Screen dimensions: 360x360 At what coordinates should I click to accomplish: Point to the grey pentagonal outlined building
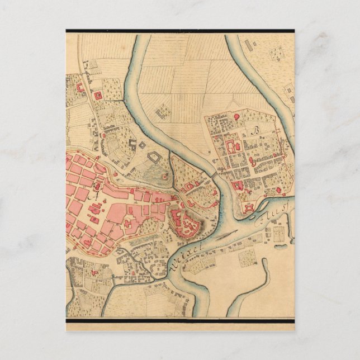pyautogui.click(x=154, y=163)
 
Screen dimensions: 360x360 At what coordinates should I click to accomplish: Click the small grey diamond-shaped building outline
pyautogui.click(x=142, y=145)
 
